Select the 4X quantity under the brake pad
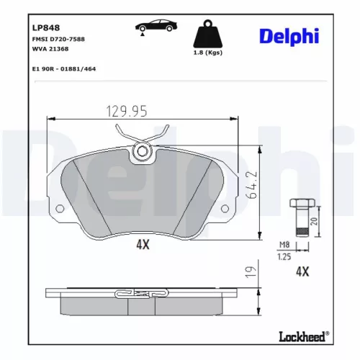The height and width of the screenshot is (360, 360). tap(143, 245)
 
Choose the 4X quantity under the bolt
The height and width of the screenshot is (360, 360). tap(302, 271)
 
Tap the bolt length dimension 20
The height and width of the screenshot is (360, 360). tap(313, 221)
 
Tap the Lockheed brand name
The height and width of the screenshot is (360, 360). tap(300, 335)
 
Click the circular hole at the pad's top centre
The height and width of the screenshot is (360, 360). tap(143, 151)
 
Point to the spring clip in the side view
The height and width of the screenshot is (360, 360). tap(143, 294)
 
